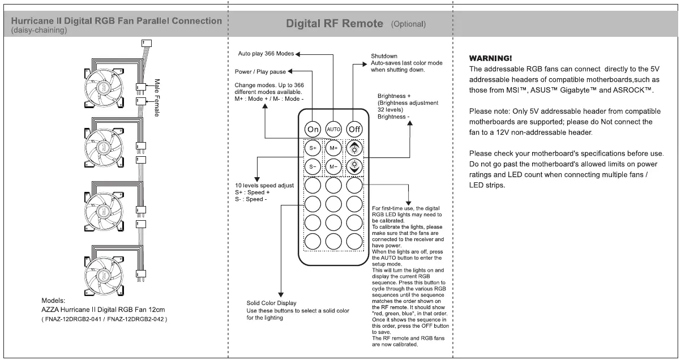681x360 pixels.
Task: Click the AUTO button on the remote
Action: [x=334, y=129]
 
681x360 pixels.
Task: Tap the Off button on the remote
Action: [x=355, y=129]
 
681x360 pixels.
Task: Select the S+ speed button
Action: [x=313, y=148]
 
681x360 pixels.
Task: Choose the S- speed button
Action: [x=313, y=167]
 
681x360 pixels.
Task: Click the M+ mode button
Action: [x=334, y=148]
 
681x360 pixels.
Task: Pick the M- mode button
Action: [x=334, y=167]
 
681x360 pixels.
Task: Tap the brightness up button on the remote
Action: [x=354, y=148]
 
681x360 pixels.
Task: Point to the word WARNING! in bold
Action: [x=491, y=58]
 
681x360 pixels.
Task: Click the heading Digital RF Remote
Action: [x=335, y=24]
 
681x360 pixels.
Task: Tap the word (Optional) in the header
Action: [x=408, y=24]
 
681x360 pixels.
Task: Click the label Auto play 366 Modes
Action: [x=265, y=54]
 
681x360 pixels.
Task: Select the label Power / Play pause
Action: [x=260, y=72]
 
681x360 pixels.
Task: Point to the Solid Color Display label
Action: [x=271, y=303]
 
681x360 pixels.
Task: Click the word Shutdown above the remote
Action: [x=384, y=56]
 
